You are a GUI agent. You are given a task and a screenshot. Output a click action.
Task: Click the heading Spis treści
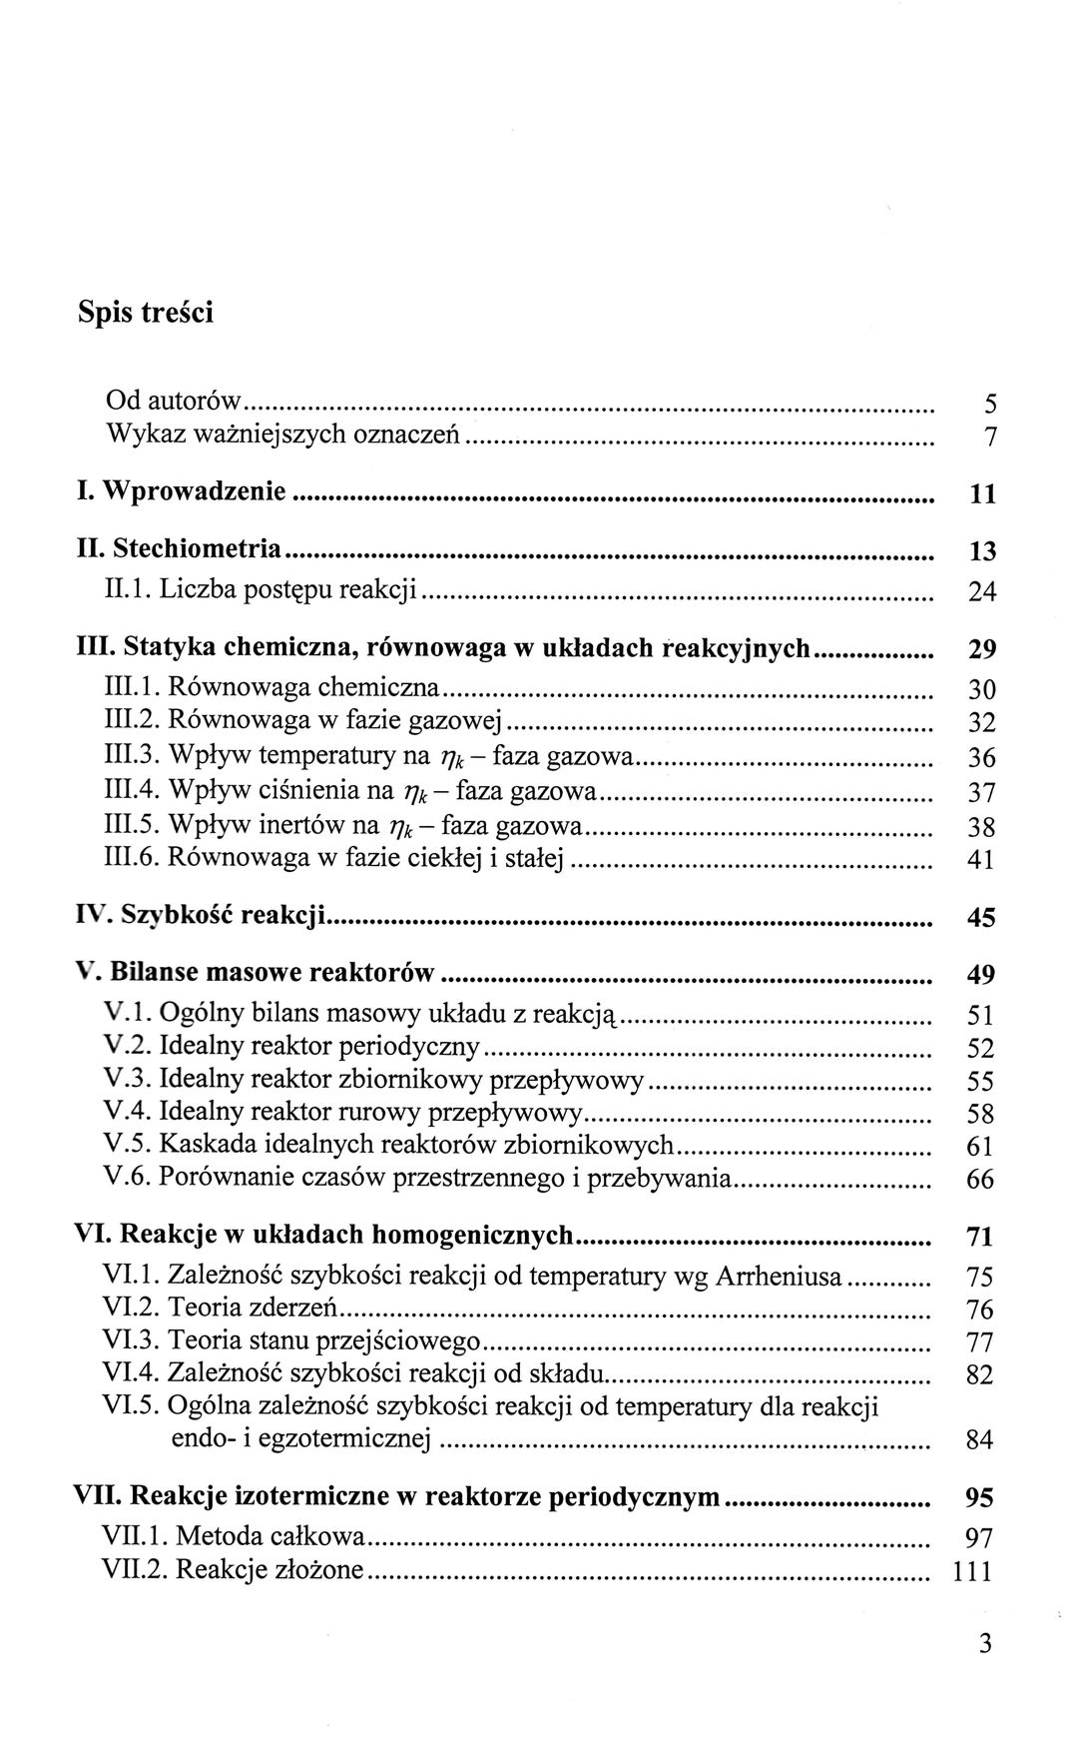146,312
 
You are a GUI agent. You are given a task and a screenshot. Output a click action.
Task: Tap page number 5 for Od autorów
989,405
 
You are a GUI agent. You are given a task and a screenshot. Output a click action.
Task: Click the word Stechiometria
197,548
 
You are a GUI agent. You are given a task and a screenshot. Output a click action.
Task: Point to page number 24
982,592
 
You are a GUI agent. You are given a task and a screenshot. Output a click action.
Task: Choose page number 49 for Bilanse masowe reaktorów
981,974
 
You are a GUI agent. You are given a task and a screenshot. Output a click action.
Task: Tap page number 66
981,1180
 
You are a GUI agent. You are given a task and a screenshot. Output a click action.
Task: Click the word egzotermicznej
350,1439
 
